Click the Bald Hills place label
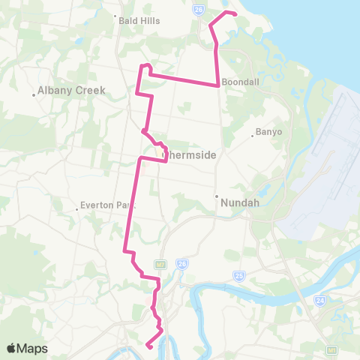coord(139,21)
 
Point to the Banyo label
coord(269,132)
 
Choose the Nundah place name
coord(239,201)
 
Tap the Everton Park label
coord(109,205)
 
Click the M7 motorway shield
coord(160,264)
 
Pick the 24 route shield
coord(320,300)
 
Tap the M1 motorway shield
coord(331,349)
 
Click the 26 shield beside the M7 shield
coord(181,263)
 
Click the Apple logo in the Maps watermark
coord(11,348)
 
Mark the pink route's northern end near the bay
coord(235,14)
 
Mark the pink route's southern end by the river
coord(148,346)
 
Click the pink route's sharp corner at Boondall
coord(218,85)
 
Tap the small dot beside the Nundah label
coord(217,196)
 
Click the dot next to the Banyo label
coord(253,136)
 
